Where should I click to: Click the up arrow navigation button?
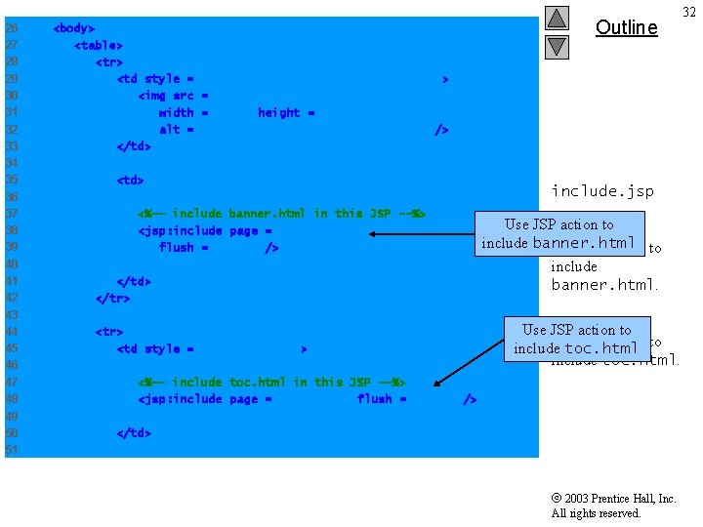pos(557,18)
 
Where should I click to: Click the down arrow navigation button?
pos(557,45)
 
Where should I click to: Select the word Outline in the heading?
pos(626,27)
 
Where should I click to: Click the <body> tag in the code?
pos(73,28)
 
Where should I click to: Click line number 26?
pos(12,28)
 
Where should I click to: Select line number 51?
pos(12,449)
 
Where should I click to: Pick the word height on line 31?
pos(278,112)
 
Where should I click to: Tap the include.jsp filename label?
pos(602,190)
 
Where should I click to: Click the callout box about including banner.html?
pos(558,234)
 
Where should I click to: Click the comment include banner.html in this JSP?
pos(281,213)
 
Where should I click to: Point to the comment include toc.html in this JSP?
pos(271,382)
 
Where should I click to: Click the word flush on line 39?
pos(177,248)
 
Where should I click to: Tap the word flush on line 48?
pos(375,398)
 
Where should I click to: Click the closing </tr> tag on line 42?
pos(112,298)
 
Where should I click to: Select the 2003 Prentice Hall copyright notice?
pos(613,506)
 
